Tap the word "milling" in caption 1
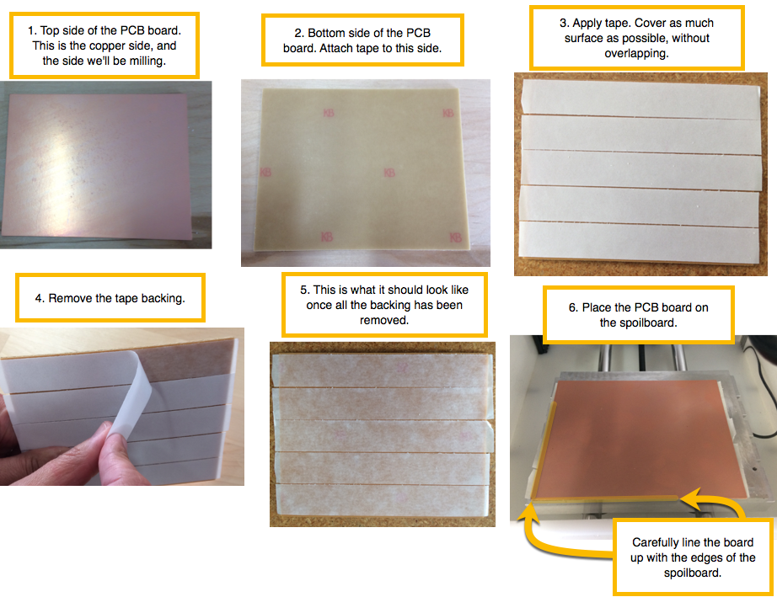[145, 61]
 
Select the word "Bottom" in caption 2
[325, 33]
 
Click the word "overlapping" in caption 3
[635, 54]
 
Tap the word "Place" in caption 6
[597, 307]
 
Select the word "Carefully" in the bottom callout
[654, 542]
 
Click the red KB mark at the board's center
[389, 173]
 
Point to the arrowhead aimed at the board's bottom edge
[691, 498]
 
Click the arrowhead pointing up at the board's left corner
[528, 511]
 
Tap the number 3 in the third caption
[563, 24]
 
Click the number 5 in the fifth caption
[303, 291]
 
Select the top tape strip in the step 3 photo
[640, 99]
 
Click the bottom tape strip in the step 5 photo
[383, 499]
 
